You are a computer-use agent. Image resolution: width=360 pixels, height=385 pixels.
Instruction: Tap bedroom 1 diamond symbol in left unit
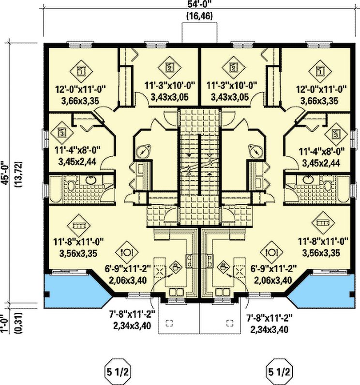click(81, 72)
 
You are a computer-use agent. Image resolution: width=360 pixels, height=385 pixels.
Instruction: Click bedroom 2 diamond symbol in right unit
click(233, 68)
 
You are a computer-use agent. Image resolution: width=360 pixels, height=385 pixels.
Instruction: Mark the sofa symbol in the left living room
click(78, 224)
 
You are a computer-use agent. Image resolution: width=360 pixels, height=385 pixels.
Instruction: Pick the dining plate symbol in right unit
click(271, 252)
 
